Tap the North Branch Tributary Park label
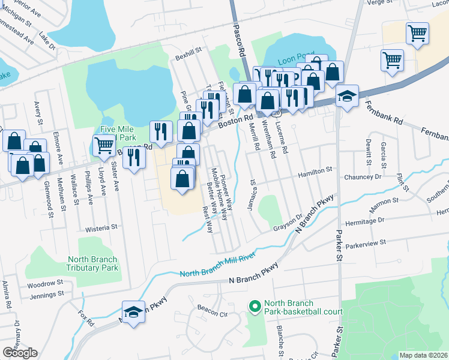(92, 264)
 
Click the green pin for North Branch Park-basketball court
(255, 307)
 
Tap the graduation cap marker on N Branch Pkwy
(133, 312)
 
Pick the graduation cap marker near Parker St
(347, 96)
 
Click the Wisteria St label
(101, 228)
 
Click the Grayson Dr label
(288, 223)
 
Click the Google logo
(20, 352)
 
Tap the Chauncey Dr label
(363, 177)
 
